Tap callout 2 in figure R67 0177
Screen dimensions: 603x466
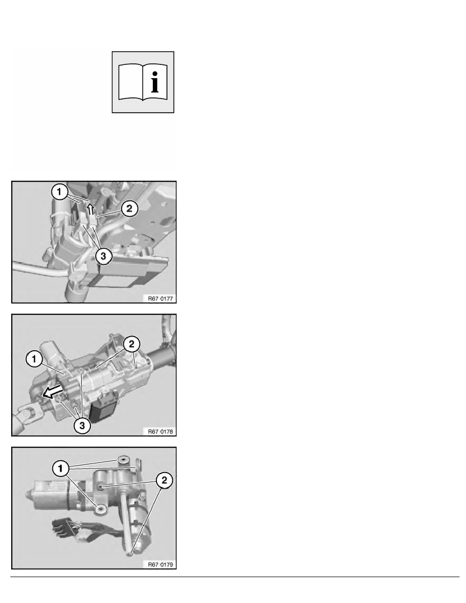(128, 208)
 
